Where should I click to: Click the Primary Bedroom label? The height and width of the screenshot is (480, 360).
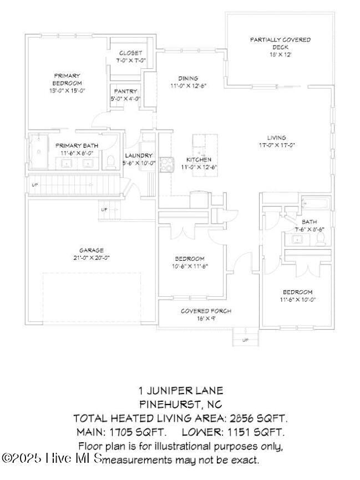pyautogui.click(x=67, y=79)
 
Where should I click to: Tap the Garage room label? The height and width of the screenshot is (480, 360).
pyautogui.click(x=91, y=250)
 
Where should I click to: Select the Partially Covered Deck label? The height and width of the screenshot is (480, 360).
pyautogui.click(x=280, y=43)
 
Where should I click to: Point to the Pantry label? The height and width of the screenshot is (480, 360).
pyautogui.click(x=126, y=92)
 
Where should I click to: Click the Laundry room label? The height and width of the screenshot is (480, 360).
pyautogui.click(x=139, y=155)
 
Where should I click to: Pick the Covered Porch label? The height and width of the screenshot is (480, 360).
pyautogui.click(x=206, y=311)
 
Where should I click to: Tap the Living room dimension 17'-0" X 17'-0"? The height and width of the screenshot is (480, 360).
pyautogui.click(x=276, y=145)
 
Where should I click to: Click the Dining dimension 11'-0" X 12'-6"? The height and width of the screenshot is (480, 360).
pyautogui.click(x=188, y=86)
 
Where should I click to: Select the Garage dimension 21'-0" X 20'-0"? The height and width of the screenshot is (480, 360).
pyautogui.click(x=91, y=257)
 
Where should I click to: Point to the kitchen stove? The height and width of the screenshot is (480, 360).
pyautogui.click(x=166, y=164)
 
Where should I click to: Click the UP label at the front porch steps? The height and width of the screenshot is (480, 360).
pyautogui.click(x=245, y=340)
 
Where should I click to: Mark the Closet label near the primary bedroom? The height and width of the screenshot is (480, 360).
pyautogui.click(x=130, y=53)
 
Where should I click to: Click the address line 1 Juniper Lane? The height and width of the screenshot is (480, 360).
pyautogui.click(x=180, y=391)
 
